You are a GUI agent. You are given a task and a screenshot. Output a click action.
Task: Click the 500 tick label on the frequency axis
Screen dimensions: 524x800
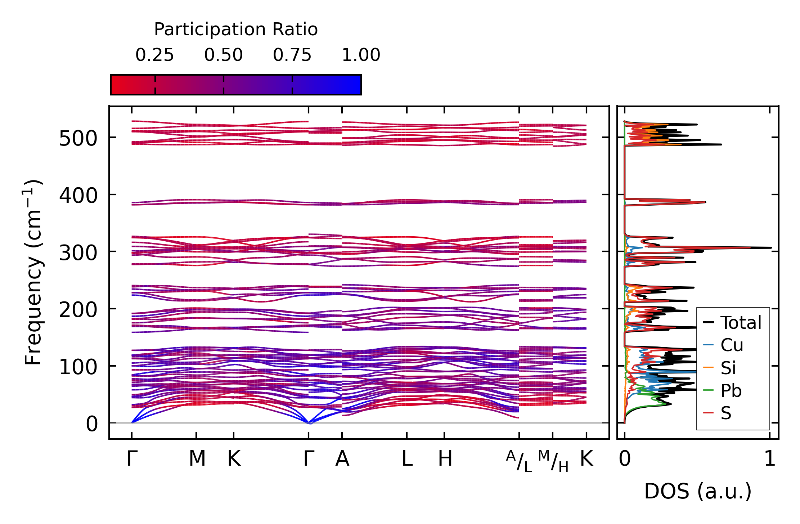pyautogui.click(x=78, y=139)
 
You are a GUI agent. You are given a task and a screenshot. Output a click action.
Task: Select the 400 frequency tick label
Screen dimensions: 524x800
pyautogui.click(x=78, y=196)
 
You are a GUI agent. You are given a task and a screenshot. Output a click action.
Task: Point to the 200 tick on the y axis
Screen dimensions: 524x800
pyautogui.click(x=78, y=310)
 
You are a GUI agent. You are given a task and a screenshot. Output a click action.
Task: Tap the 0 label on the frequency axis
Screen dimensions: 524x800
pyautogui.click(x=91, y=424)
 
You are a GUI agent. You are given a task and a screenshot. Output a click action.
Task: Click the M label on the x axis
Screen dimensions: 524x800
pyautogui.click(x=197, y=459)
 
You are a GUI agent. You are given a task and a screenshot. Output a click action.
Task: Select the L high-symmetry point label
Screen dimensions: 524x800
pyautogui.click(x=407, y=459)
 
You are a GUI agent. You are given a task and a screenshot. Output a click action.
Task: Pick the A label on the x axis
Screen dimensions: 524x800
pyautogui.click(x=342, y=459)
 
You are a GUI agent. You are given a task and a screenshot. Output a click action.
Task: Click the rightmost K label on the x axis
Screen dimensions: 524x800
pyautogui.click(x=586, y=459)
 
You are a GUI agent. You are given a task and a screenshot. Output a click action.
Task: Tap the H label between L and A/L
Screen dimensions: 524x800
pyautogui.click(x=445, y=459)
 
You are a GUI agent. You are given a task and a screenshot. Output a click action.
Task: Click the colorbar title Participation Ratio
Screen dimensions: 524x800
pyautogui.click(x=236, y=30)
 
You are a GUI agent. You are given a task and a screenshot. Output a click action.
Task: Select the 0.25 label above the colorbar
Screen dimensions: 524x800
pyautogui.click(x=154, y=55)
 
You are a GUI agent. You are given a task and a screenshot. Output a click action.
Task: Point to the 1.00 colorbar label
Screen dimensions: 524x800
pyautogui.click(x=361, y=55)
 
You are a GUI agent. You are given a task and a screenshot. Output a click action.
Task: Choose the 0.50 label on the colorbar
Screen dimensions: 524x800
pyautogui.click(x=223, y=55)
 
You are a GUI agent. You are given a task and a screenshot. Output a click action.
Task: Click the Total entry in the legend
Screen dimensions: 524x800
pyautogui.click(x=741, y=323)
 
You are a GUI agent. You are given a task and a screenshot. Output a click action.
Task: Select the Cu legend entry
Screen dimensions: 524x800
pyautogui.click(x=732, y=345)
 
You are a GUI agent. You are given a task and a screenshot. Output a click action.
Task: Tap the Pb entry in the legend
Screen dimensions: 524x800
pyautogui.click(x=731, y=391)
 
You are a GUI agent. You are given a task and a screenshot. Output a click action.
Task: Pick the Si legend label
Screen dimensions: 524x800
pyautogui.click(x=728, y=368)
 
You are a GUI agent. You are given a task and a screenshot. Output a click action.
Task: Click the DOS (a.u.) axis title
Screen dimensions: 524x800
pyautogui.click(x=698, y=491)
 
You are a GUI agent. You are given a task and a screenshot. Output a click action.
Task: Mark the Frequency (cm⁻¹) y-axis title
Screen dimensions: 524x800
pyautogui.click(x=33, y=272)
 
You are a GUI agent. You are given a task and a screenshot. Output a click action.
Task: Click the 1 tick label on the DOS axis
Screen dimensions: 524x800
pyautogui.click(x=770, y=459)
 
